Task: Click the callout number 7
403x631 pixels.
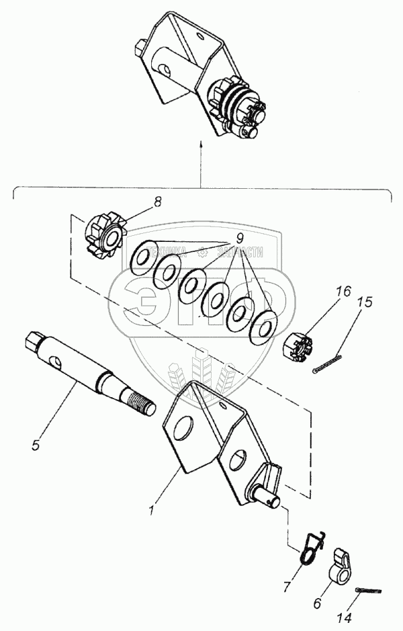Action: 287,587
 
